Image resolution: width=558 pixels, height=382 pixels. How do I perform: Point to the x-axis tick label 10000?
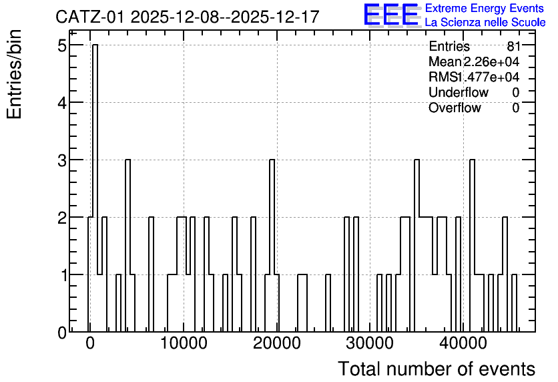click(x=184, y=343)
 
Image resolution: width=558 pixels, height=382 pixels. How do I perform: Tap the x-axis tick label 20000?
click(x=277, y=343)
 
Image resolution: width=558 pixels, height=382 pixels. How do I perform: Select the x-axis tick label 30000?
click(x=370, y=343)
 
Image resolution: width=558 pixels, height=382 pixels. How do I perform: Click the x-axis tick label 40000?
click(x=463, y=343)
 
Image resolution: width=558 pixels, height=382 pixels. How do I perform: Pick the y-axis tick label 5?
click(x=62, y=45)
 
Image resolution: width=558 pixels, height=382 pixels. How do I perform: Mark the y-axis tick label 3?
click(x=62, y=160)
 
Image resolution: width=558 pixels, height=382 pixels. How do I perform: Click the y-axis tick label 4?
click(x=62, y=103)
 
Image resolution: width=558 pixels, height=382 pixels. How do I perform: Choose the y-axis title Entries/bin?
click(x=14, y=75)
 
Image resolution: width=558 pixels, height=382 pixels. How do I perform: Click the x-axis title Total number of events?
click(x=437, y=369)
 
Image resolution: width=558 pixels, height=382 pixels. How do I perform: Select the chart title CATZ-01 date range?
click(x=187, y=17)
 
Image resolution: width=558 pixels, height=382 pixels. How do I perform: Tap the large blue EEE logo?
click(x=391, y=15)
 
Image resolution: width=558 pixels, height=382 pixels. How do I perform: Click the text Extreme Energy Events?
click(x=485, y=8)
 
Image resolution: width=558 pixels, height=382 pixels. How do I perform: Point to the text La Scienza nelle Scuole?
click(x=485, y=23)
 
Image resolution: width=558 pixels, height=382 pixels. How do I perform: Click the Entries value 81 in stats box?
click(x=514, y=46)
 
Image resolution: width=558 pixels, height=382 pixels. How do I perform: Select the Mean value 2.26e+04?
click(x=491, y=61)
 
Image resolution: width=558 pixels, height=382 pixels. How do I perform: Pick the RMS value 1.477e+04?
click(x=489, y=77)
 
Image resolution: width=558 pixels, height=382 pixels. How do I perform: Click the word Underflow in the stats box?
click(x=459, y=92)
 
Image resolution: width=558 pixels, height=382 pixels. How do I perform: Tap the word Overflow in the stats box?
click(x=455, y=108)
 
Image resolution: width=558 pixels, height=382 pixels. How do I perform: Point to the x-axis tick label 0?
click(x=90, y=343)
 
